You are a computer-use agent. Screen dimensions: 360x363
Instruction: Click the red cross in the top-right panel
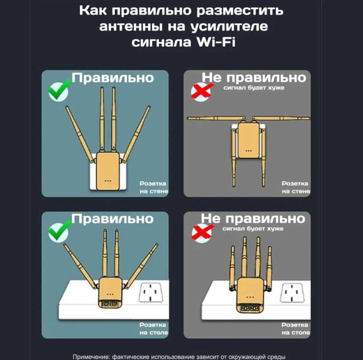pos(201,91)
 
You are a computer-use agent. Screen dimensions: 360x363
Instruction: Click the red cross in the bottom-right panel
pos(201,232)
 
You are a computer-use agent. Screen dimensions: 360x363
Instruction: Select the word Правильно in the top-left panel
pos(112,78)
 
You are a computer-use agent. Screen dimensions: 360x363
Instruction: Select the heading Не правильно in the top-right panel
pos(254,78)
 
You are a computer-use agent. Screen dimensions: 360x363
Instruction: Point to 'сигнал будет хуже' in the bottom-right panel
pos(253,229)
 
